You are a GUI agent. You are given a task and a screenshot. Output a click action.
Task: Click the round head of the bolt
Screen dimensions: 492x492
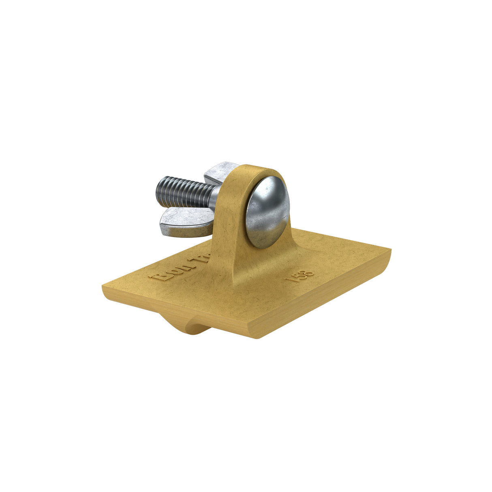coord(267,212)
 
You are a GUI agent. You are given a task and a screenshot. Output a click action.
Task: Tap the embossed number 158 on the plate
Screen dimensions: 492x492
coord(300,277)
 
